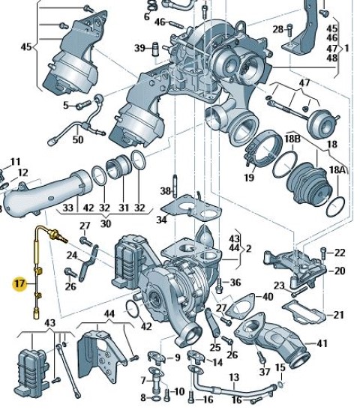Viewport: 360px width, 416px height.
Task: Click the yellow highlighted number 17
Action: click(x=19, y=284)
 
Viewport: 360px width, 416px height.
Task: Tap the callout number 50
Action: click(x=78, y=139)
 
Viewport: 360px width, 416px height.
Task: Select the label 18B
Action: click(x=292, y=139)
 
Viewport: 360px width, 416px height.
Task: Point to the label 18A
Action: click(x=337, y=170)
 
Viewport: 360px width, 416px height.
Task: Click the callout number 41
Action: click(x=322, y=343)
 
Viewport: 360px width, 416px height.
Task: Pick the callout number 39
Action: click(x=140, y=48)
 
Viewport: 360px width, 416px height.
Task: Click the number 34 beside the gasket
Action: click(x=162, y=220)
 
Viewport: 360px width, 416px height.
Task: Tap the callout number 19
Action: click(x=249, y=177)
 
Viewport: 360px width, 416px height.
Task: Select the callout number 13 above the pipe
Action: click(x=234, y=377)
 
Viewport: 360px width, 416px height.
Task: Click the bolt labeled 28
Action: click(x=290, y=30)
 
